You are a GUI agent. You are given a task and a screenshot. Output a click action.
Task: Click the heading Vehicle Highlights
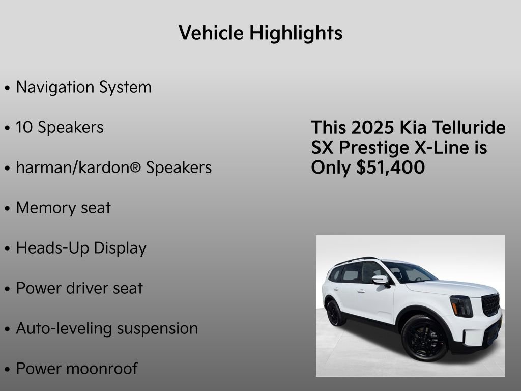(x=260, y=34)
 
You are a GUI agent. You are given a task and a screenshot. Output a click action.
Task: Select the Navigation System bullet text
(x=83, y=87)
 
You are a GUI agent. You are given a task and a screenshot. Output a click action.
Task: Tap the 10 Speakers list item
(x=60, y=127)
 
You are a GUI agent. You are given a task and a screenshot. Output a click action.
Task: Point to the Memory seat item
(x=63, y=208)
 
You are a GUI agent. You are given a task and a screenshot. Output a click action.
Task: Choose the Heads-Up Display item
(x=81, y=248)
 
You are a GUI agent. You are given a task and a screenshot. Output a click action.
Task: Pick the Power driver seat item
(x=79, y=288)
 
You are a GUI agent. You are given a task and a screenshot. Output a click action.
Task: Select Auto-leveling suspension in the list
(x=107, y=328)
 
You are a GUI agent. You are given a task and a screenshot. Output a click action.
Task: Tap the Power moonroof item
(x=76, y=369)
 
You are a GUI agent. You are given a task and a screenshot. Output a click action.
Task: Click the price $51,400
(x=391, y=168)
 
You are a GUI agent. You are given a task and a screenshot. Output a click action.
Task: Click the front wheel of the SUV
(x=424, y=338)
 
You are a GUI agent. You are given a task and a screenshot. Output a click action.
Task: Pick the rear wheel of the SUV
(x=336, y=313)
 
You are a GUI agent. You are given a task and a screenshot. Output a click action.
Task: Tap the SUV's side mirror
(x=380, y=280)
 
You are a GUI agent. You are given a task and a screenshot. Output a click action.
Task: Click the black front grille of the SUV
(x=491, y=304)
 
